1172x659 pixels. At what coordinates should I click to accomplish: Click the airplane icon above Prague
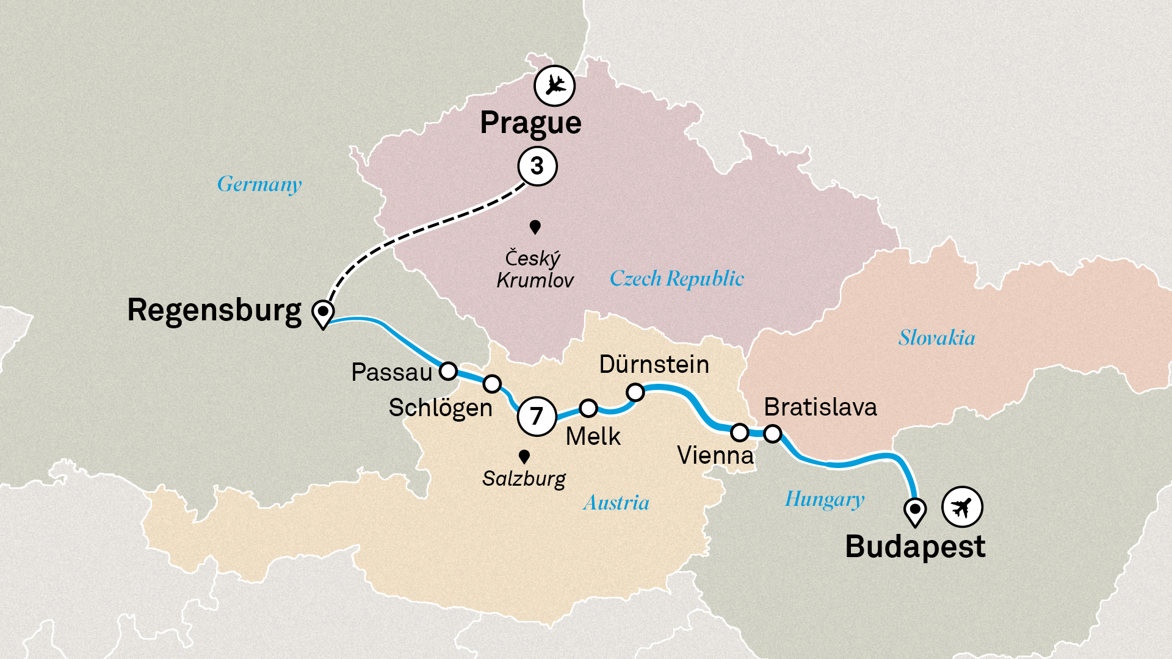coord(554,85)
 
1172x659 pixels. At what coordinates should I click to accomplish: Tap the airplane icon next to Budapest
coord(962,506)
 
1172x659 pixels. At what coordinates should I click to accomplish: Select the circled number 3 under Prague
coord(537,166)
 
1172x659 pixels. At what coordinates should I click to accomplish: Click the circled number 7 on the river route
coord(537,416)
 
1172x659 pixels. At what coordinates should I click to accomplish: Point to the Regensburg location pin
coord(322,312)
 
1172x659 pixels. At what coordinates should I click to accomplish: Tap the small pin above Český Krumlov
coord(535,227)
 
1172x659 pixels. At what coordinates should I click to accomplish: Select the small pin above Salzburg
coord(524,456)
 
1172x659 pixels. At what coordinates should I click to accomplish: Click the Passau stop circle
coord(449,371)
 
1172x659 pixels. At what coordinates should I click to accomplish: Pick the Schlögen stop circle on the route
coord(492,384)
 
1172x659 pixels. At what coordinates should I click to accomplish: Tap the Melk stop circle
coord(588,408)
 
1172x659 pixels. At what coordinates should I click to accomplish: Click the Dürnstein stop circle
coord(635,392)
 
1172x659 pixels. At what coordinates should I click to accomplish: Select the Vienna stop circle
coord(740,433)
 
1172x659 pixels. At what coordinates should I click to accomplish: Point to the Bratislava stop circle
coord(773,434)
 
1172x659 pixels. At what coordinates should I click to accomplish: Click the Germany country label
coord(259,184)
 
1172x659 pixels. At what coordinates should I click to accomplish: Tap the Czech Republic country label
coord(676,279)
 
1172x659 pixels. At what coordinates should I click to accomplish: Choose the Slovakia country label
coord(936,338)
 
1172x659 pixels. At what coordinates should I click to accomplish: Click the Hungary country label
coord(824,499)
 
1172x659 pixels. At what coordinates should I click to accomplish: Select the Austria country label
coord(616,503)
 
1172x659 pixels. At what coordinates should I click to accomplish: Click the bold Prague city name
coord(530,123)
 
